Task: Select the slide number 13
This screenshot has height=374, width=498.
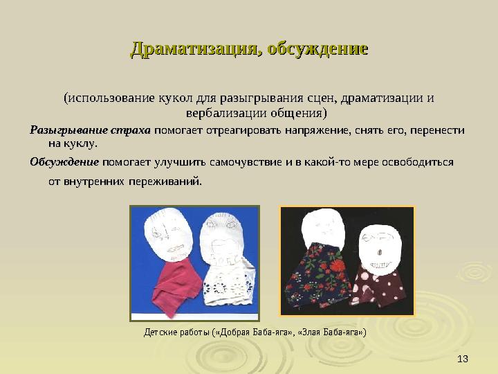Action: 463,357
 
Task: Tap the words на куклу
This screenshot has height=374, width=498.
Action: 73,144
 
